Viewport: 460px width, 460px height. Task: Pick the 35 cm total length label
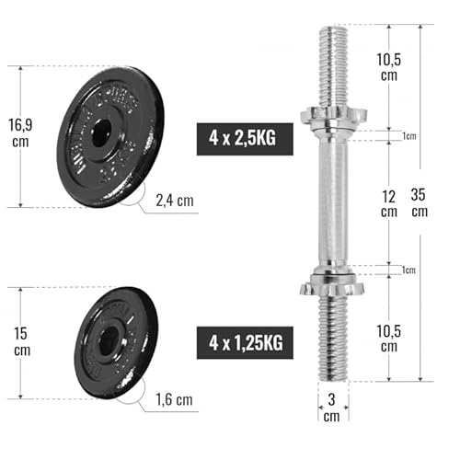click(420, 202)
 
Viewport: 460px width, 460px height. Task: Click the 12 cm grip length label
click(389, 202)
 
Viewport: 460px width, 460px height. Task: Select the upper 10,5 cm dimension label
click(389, 65)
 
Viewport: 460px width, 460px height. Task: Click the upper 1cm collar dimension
click(408, 136)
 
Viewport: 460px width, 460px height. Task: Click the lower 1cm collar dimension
click(408, 270)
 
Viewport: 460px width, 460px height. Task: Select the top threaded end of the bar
click(333, 64)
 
